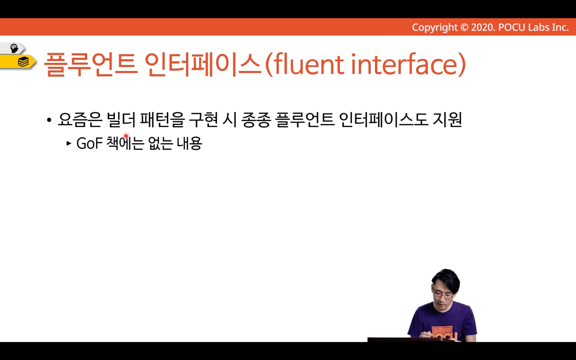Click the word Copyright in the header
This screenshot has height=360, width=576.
pyautogui.click(x=435, y=27)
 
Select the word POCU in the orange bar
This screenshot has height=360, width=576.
pyautogui.click(x=512, y=27)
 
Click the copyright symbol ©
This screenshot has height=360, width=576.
pyautogui.click(x=464, y=27)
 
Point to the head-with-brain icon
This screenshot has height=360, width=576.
pyautogui.click(x=14, y=48)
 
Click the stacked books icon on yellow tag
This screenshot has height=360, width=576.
pyautogui.click(x=23, y=62)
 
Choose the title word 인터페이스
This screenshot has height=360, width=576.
pyautogui.click(x=203, y=64)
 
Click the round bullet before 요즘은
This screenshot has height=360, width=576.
pyautogui.click(x=49, y=120)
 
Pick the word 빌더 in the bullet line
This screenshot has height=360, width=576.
pyautogui.click(x=121, y=120)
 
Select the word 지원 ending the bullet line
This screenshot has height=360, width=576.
pyautogui.click(x=447, y=120)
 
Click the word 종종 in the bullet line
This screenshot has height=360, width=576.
pyautogui.click(x=256, y=120)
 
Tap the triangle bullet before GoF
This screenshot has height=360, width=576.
pyautogui.click(x=69, y=143)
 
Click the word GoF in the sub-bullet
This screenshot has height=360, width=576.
pyautogui.click(x=90, y=143)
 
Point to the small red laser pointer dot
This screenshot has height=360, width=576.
pyautogui.click(x=126, y=136)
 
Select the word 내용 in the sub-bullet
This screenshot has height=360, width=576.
pyautogui.click(x=189, y=143)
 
